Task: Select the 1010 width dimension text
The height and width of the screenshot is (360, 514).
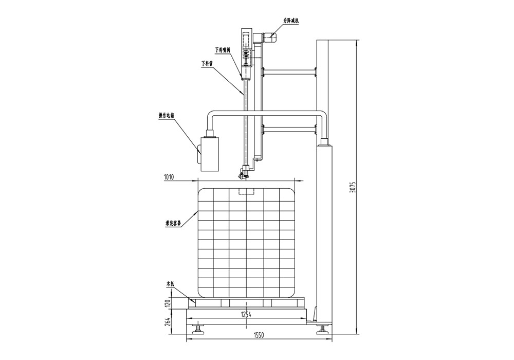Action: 169,177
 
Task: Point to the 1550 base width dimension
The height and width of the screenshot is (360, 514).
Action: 259,335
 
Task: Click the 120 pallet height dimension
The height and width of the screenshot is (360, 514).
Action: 167,303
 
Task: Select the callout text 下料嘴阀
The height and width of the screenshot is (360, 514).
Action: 223,50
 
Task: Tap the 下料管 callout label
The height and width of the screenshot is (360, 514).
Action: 207,64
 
